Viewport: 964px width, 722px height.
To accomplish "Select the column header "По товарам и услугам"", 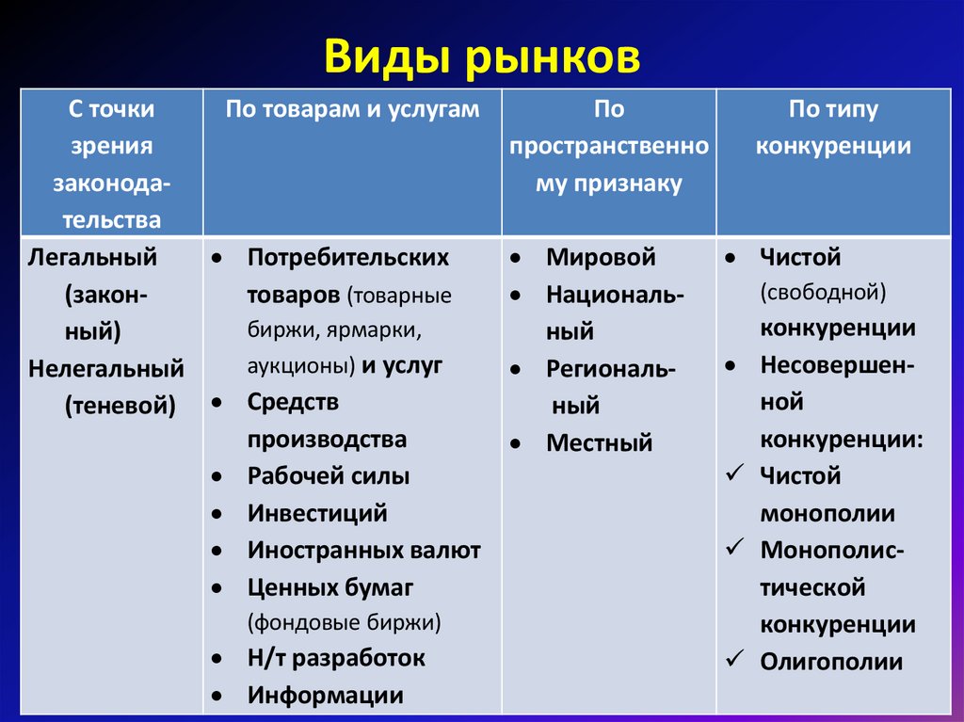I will [x=351, y=109].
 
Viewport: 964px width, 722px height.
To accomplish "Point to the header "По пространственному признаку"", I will [x=608, y=146].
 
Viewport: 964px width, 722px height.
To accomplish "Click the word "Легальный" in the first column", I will [x=92, y=257].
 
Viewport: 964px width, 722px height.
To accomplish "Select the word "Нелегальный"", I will [x=106, y=367].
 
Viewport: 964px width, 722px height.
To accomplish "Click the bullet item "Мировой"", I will [x=600, y=257].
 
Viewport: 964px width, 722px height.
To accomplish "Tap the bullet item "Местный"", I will [x=599, y=442].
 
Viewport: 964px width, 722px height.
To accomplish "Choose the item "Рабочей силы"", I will [x=328, y=476].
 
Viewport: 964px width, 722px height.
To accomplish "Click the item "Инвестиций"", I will [x=317, y=513].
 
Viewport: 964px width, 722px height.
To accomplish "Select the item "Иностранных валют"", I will [x=363, y=550].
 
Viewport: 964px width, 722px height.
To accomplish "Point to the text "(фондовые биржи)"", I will [x=344, y=622].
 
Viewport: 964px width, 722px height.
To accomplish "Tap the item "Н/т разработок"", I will [x=336, y=658].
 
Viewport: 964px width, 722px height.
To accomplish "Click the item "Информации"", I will [x=325, y=695].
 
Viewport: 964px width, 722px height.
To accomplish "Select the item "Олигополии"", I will [x=830, y=662].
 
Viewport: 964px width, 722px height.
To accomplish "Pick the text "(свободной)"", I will [x=823, y=293].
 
